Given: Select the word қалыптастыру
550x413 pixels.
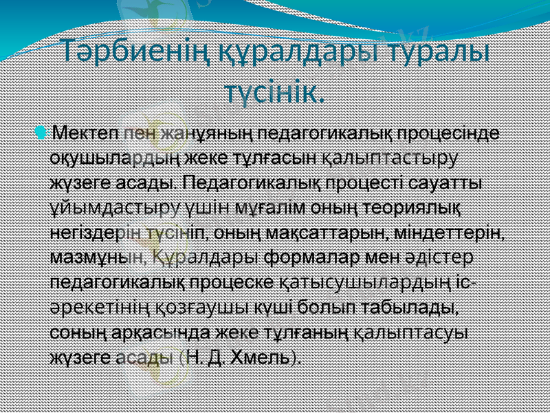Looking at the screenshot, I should point(390,156).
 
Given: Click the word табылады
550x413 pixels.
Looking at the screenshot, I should point(415,308).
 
